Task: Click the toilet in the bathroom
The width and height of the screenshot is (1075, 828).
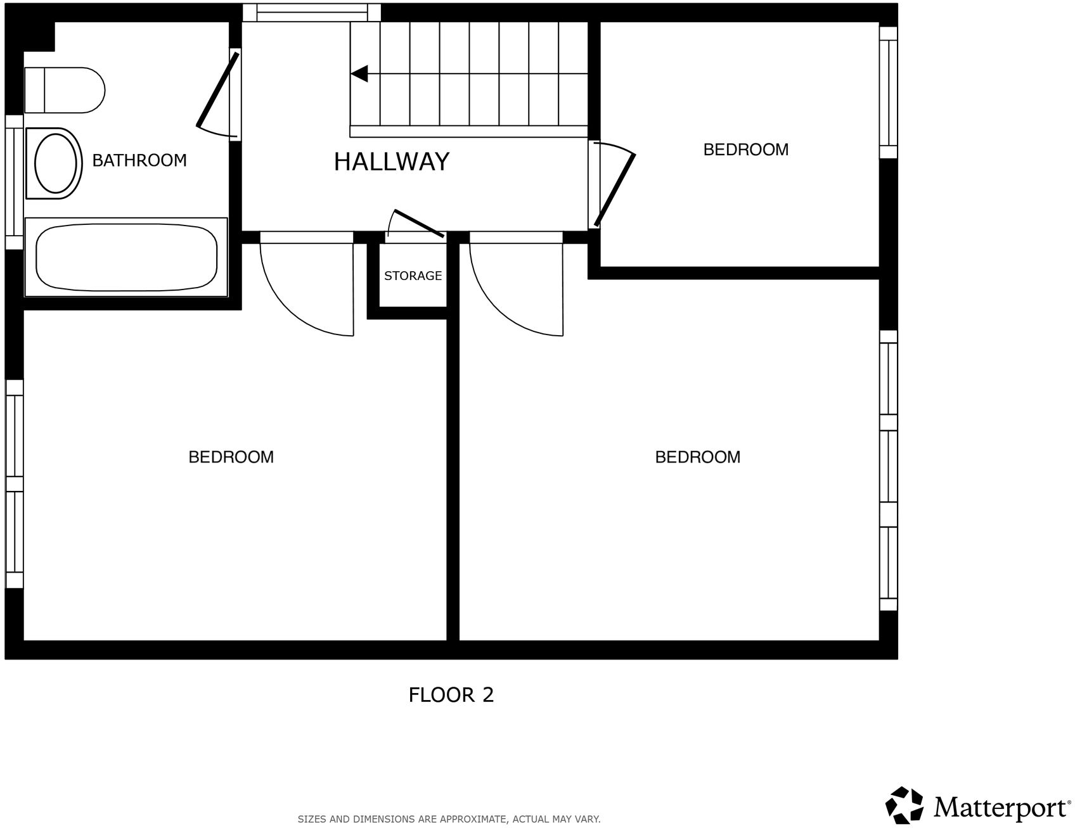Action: click(65, 90)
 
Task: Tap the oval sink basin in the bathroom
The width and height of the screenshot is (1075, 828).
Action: click(56, 163)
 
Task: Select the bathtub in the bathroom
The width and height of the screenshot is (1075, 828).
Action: click(126, 257)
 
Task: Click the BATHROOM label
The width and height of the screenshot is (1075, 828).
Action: click(139, 160)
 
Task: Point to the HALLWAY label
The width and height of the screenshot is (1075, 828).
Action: click(392, 162)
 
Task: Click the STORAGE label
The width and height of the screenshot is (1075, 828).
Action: click(413, 276)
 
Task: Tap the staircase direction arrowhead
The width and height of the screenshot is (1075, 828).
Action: click(360, 74)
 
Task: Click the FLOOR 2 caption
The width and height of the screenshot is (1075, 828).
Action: click(451, 695)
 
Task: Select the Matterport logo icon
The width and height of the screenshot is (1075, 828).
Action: click(904, 805)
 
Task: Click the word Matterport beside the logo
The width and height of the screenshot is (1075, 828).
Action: click(1000, 808)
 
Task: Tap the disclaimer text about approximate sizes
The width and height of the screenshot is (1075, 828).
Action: click(449, 819)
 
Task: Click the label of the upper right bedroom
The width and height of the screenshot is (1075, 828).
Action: click(746, 150)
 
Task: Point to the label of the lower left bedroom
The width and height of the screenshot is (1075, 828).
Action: click(231, 457)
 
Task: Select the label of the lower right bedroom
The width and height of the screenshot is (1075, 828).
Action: click(697, 457)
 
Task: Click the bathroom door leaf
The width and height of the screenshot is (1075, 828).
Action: click(217, 90)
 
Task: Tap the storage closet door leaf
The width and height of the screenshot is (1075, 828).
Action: click(418, 223)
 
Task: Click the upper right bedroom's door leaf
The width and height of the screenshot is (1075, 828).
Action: click(614, 190)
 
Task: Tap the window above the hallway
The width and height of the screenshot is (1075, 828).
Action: click(311, 12)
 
